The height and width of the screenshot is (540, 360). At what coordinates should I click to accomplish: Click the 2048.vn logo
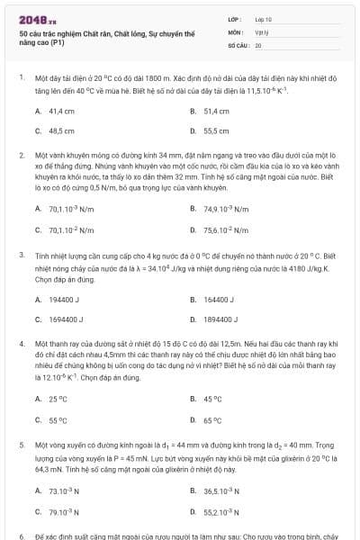[x=37, y=19]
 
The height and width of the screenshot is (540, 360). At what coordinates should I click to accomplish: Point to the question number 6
[x=22, y=535]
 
